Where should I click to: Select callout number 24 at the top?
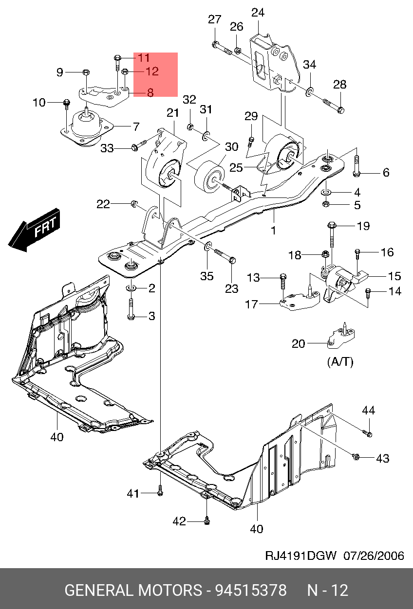pyautogui.click(x=258, y=12)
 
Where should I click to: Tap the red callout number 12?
pyautogui.click(x=152, y=72)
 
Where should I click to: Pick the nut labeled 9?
pyautogui.click(x=85, y=72)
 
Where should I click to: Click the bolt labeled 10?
pyautogui.click(x=67, y=103)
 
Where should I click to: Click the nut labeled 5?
pyautogui.click(x=327, y=204)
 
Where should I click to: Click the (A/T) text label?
pyautogui.click(x=339, y=362)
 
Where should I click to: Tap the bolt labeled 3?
pyautogui.click(x=131, y=310)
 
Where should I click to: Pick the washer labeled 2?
pyautogui.click(x=131, y=288)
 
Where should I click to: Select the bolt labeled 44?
pyautogui.click(x=369, y=433)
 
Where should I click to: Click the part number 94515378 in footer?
pyautogui.click(x=251, y=591)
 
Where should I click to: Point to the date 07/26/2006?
pyautogui.click(x=374, y=555)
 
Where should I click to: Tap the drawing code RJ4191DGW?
pyautogui.click(x=300, y=555)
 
